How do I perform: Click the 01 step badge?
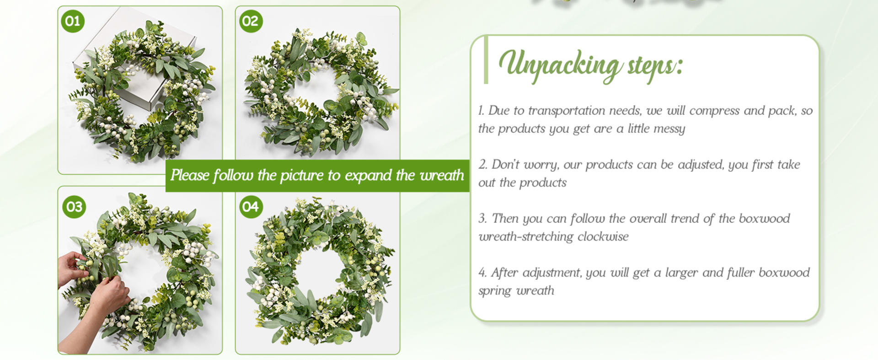[73, 21]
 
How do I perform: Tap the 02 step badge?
[251, 21]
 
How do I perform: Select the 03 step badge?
[74, 207]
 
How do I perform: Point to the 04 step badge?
[251, 207]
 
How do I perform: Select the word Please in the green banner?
[190, 176]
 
